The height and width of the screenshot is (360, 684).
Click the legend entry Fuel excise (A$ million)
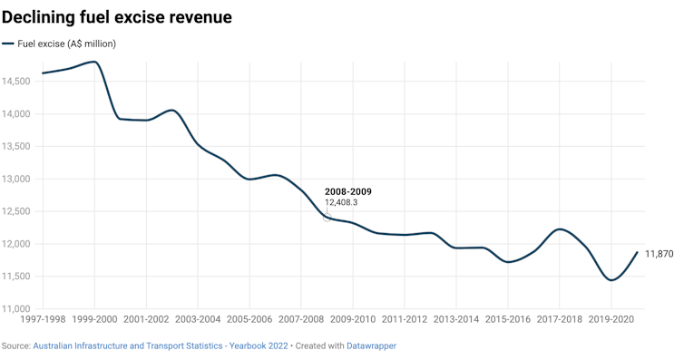[x=65, y=44]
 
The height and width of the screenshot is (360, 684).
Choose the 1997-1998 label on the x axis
[x=42, y=320]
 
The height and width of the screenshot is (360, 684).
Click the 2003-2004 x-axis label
[x=198, y=320]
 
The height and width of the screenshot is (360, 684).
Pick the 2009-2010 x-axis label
[x=353, y=320]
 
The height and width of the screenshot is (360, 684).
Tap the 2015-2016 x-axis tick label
[x=508, y=320]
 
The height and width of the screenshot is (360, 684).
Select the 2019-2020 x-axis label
[x=611, y=320]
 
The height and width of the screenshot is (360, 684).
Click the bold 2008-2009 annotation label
[x=348, y=192]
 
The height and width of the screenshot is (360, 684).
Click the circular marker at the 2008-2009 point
[x=327, y=218]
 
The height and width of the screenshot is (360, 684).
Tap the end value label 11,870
[x=660, y=254]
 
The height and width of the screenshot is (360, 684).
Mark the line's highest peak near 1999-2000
[x=93, y=62]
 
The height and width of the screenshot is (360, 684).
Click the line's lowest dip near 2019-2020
[x=611, y=280]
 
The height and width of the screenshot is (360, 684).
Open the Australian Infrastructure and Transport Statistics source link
[x=161, y=346]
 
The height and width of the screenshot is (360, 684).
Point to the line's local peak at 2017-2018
[x=561, y=229]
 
